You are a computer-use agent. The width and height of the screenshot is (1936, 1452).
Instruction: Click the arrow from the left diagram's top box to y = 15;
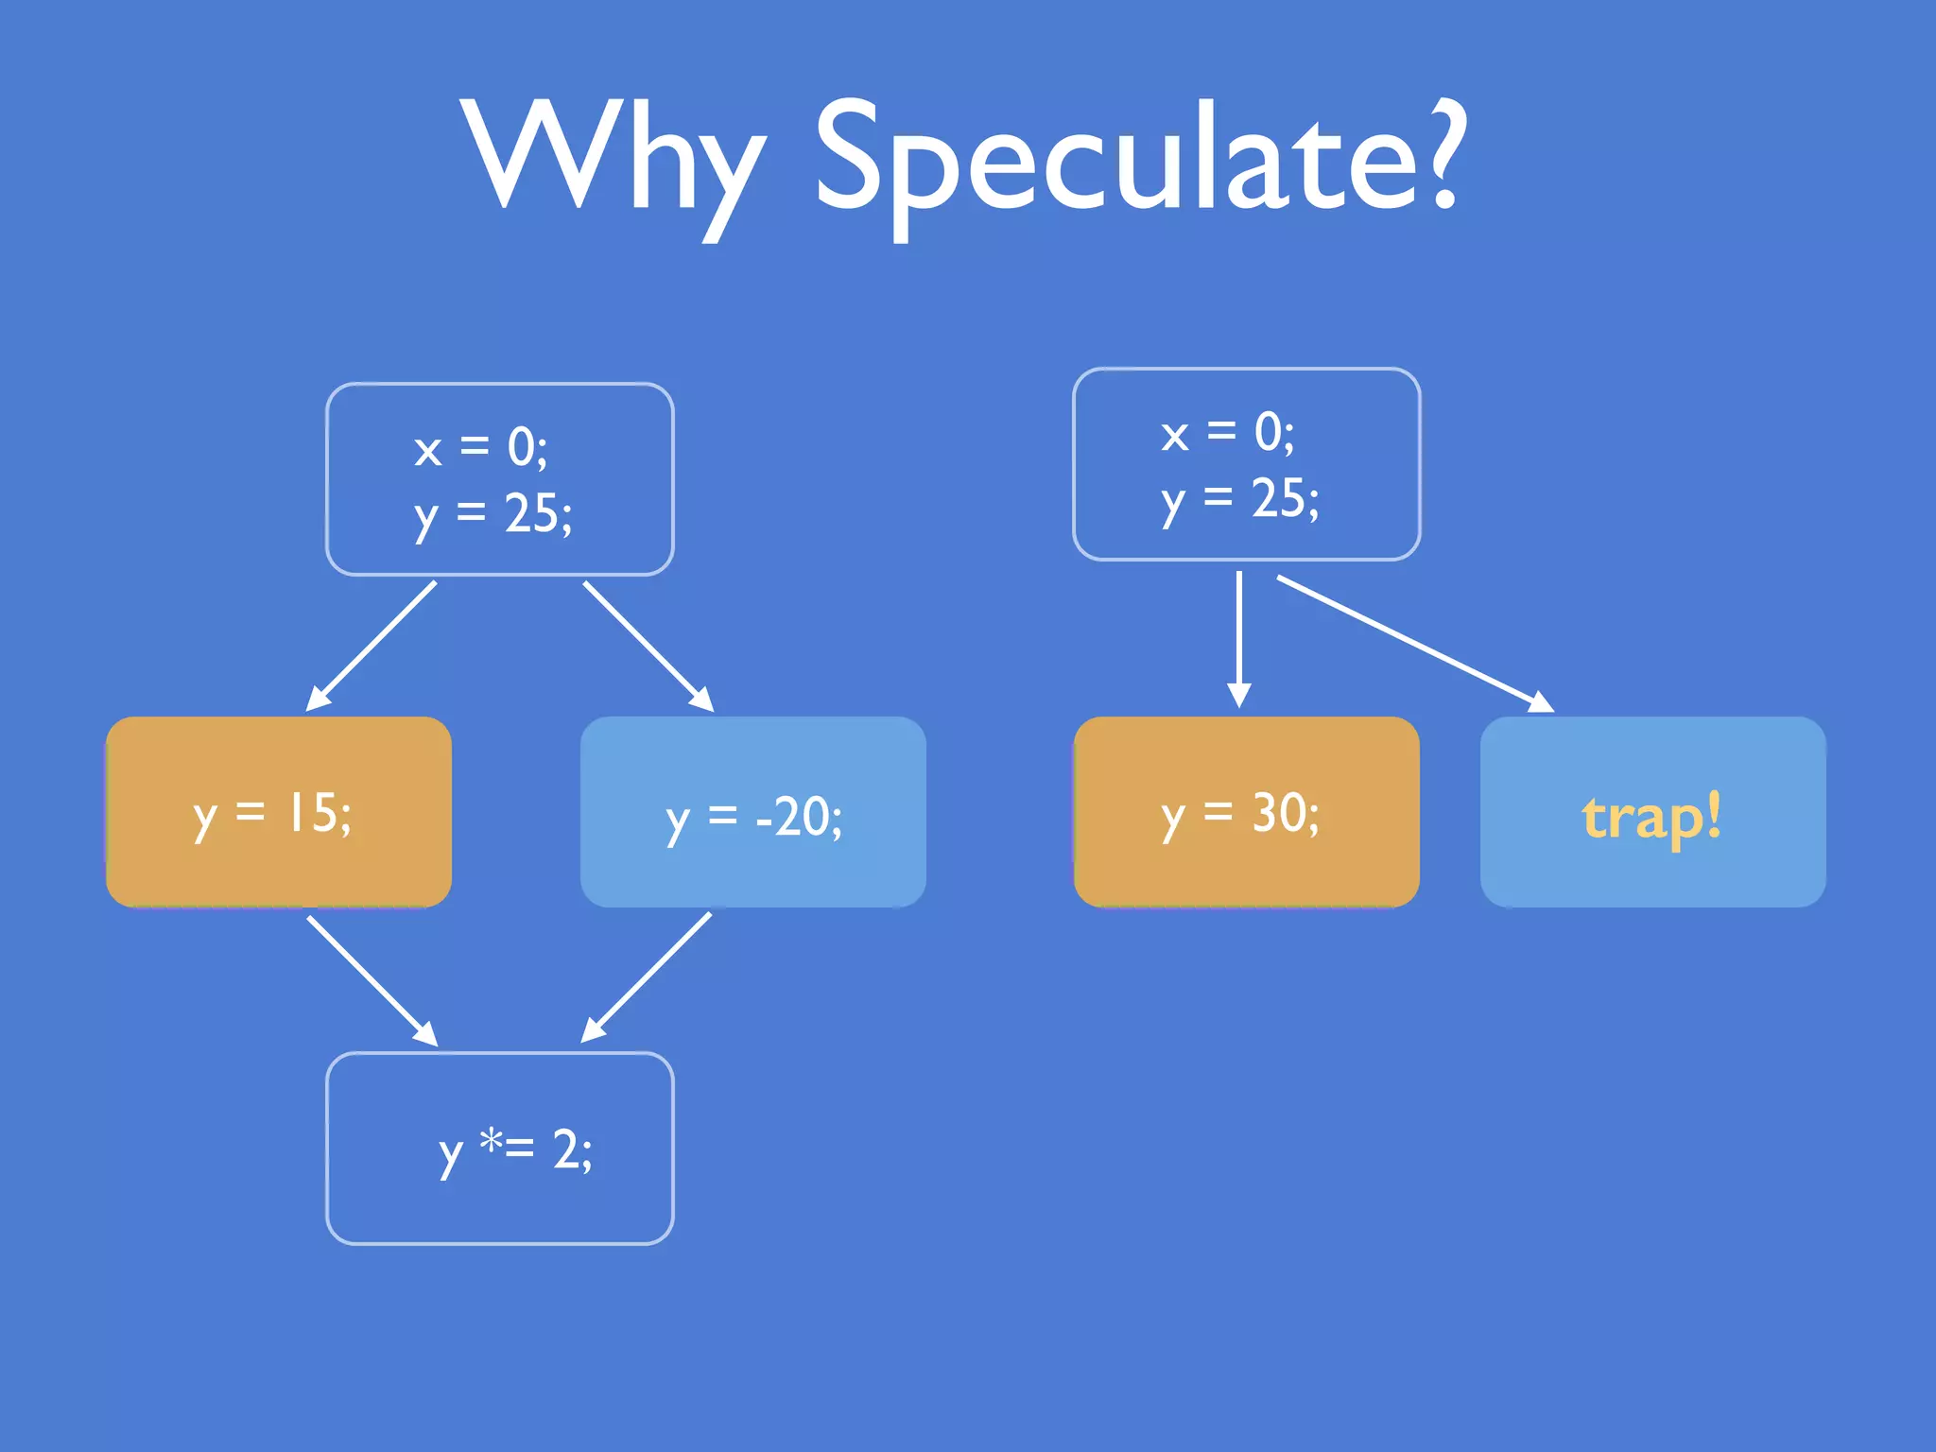pos(372,646)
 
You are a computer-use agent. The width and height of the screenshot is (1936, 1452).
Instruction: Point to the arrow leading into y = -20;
pos(648,646)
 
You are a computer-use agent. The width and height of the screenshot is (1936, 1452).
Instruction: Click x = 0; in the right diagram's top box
pos(1227,434)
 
